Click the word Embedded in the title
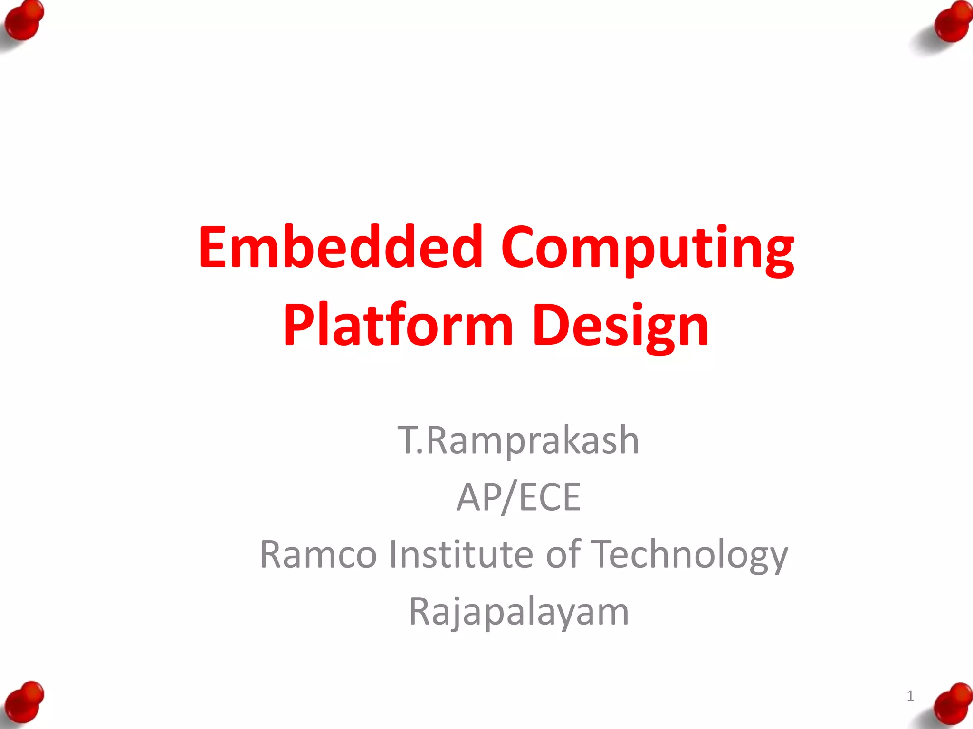coord(341,247)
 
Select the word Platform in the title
coord(398,326)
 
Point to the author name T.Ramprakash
coord(518,440)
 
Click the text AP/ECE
coord(518,497)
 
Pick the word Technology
coord(690,555)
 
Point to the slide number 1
coord(910,696)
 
